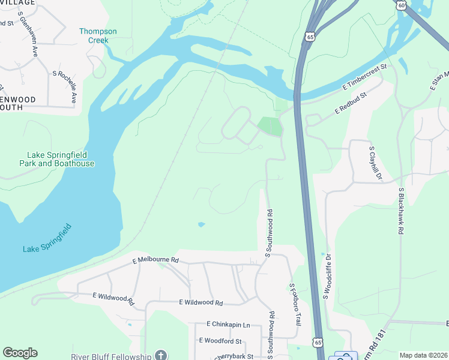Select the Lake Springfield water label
click(x=47, y=239)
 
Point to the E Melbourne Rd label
click(x=155, y=260)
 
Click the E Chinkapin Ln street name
click(x=228, y=324)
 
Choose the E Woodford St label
click(x=220, y=341)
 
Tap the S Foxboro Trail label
click(x=294, y=305)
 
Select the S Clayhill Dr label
click(x=375, y=163)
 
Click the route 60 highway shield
click(x=401, y=5)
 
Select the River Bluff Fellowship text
click(x=110, y=356)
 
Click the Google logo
click(x=20, y=353)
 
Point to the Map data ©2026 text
click(x=423, y=355)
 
